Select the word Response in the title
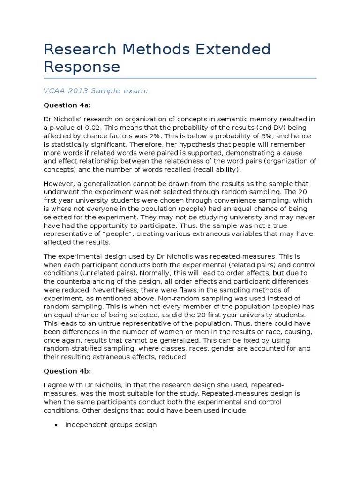coord(82,67)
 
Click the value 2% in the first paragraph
coord(167,136)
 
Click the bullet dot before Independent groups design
coord(56,425)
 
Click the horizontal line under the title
coord(180,78)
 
